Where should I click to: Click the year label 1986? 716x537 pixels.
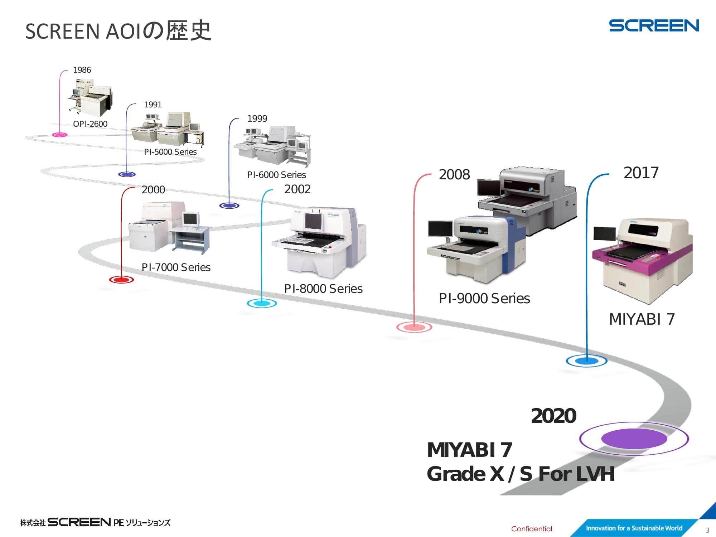(82, 70)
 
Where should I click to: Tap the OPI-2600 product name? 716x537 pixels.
(90, 124)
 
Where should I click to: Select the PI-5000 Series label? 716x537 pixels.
(170, 152)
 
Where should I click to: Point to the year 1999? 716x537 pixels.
(257, 118)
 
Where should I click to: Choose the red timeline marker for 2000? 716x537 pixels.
(121, 280)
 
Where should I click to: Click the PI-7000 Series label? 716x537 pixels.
(176, 267)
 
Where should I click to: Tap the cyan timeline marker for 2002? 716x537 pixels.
(262, 304)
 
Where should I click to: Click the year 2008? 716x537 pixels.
(454, 175)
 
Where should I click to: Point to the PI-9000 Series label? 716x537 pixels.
(484, 298)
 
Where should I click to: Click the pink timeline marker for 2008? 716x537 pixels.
(414, 327)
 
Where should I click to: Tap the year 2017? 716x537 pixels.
(641, 173)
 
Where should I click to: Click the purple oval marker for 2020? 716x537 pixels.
(634, 439)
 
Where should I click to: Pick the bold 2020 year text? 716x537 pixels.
(553, 416)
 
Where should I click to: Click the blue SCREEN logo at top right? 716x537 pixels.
(654, 26)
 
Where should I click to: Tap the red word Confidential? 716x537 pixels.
(532, 529)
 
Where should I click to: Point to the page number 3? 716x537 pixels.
(707, 530)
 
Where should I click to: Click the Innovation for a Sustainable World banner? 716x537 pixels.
(634, 528)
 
